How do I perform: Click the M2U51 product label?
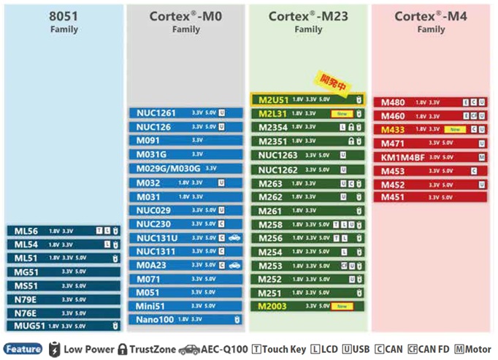[273, 99]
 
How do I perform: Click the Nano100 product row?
[185, 320]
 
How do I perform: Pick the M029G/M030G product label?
[168, 168]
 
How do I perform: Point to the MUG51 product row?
[64, 326]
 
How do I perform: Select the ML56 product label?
[26, 230]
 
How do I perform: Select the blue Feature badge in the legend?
[23, 349]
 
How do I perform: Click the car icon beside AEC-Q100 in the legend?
[188, 349]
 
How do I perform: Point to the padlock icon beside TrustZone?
[122, 349]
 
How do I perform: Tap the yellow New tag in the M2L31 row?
[340, 113]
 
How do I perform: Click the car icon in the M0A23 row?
[234, 265]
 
